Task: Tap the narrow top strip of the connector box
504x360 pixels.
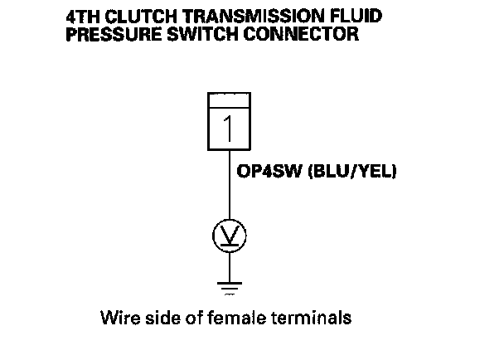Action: [x=230, y=101]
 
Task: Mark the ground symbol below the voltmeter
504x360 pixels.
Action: [x=230, y=287]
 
